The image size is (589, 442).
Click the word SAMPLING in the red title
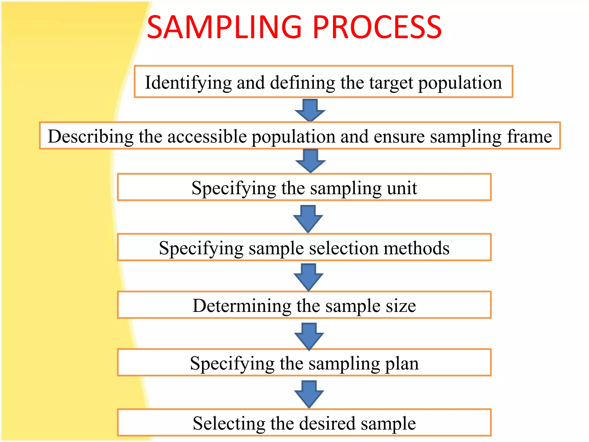coord(224,27)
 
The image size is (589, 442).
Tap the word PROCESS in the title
coord(377,27)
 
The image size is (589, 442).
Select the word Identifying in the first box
coord(188,83)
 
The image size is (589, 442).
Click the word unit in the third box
coord(402,188)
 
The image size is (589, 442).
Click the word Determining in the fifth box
coord(242,306)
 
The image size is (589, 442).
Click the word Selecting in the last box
coord(229,423)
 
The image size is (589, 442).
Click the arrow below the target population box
coord(310,110)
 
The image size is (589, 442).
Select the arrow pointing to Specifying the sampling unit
coord(310,161)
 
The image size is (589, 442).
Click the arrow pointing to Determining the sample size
coord(309,277)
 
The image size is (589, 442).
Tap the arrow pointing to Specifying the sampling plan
coord(309,336)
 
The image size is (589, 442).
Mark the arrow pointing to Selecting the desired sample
coord(309,393)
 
